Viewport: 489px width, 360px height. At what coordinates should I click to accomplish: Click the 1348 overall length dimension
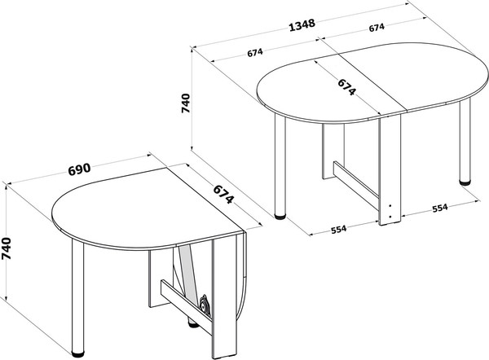click(302, 25)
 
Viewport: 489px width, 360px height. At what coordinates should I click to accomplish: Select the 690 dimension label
click(79, 169)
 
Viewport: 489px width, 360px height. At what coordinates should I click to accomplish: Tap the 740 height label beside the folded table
click(7, 248)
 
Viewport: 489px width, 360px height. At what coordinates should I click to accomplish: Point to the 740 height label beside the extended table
click(185, 103)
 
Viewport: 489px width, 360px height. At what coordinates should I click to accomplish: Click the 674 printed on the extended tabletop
click(347, 86)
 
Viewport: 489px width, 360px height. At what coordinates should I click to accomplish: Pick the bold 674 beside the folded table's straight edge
click(223, 194)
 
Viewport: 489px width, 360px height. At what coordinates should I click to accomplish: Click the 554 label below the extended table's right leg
click(440, 208)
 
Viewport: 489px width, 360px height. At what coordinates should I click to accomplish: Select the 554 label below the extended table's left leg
click(338, 230)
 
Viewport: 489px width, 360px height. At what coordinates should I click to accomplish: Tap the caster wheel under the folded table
click(205, 304)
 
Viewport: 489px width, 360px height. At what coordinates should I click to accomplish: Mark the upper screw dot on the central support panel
click(390, 206)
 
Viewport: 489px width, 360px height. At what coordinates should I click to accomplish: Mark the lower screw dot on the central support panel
click(390, 217)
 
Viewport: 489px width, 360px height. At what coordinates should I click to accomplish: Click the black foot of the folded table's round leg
click(77, 354)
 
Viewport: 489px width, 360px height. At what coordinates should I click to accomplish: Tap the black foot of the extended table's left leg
click(280, 217)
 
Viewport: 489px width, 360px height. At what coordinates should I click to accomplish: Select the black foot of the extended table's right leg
click(465, 182)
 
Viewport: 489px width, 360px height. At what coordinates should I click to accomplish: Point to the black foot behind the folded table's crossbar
click(194, 324)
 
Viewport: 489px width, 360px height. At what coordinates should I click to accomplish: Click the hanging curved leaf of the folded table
click(242, 274)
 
